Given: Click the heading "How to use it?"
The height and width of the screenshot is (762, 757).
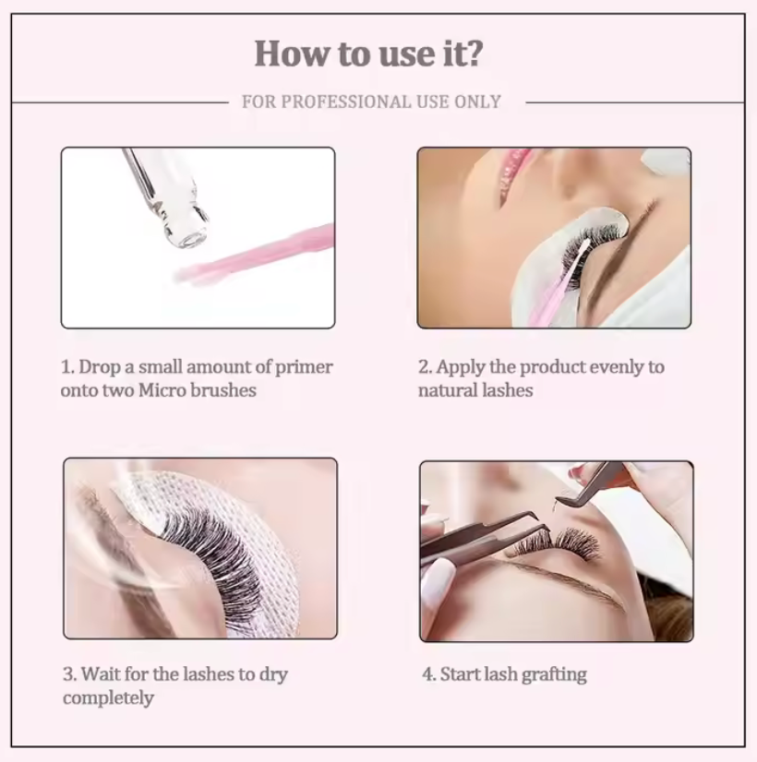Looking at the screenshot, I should (368, 54).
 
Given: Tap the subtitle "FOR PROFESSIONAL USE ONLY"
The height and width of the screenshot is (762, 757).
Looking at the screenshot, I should (371, 102).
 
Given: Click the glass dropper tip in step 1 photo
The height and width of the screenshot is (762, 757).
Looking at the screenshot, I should (190, 234).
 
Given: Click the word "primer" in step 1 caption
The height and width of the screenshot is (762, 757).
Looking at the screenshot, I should (305, 367).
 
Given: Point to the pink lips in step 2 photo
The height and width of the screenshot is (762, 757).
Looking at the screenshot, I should (513, 172).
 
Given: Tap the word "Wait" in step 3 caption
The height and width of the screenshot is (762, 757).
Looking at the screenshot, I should (100, 674).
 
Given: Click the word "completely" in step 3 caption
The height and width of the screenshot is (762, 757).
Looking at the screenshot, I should (108, 697).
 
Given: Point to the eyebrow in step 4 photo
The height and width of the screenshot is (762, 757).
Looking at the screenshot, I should (572, 581).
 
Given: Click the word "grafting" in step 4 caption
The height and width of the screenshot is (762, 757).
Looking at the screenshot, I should (554, 674).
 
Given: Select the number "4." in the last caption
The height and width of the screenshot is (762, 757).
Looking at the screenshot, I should (429, 674).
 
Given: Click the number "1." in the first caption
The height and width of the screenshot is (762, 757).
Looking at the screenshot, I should (67, 367).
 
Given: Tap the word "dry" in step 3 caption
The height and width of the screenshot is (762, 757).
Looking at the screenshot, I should (271, 674).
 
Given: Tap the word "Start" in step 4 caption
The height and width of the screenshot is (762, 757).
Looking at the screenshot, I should (460, 674).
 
